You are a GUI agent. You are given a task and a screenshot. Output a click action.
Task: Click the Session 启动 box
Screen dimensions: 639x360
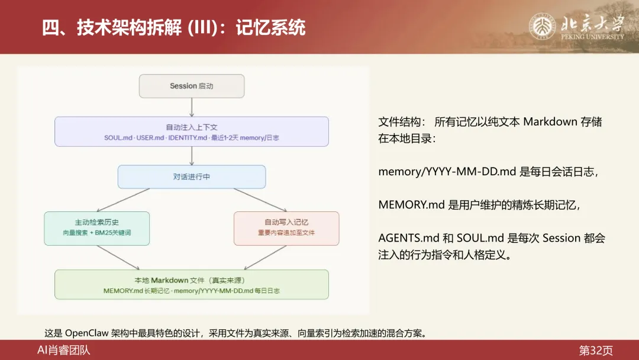pos(192,86)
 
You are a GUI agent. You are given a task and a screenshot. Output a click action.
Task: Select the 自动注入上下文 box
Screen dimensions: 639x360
pos(192,131)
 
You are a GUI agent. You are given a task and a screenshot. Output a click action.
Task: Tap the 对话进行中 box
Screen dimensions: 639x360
pos(192,176)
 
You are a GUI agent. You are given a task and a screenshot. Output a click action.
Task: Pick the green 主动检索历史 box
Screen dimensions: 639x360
pos(97,228)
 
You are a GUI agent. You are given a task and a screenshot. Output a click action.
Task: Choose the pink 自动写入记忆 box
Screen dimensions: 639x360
pos(286,228)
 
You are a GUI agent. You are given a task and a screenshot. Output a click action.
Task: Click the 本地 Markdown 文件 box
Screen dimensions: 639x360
pos(192,284)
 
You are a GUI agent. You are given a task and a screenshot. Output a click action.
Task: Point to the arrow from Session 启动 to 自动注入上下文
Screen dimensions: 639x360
pos(192,107)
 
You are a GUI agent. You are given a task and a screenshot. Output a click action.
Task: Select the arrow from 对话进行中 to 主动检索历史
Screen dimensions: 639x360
pos(124,200)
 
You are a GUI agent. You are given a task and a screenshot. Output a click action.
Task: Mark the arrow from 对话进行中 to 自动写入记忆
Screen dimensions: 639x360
pos(259,200)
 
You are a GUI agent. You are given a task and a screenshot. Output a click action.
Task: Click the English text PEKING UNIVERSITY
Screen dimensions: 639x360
pos(592,37)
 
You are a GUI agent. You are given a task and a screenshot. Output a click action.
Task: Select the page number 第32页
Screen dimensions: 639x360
pos(596,350)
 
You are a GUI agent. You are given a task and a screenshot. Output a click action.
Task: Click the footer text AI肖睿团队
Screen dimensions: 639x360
pos(64,350)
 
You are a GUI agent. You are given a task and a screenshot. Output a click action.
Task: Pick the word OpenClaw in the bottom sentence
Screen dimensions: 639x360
pos(87,333)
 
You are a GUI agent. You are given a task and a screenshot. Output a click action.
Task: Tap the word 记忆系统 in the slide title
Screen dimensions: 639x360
pos(270,27)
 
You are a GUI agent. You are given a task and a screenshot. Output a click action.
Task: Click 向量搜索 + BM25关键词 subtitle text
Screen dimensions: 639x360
pos(97,233)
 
